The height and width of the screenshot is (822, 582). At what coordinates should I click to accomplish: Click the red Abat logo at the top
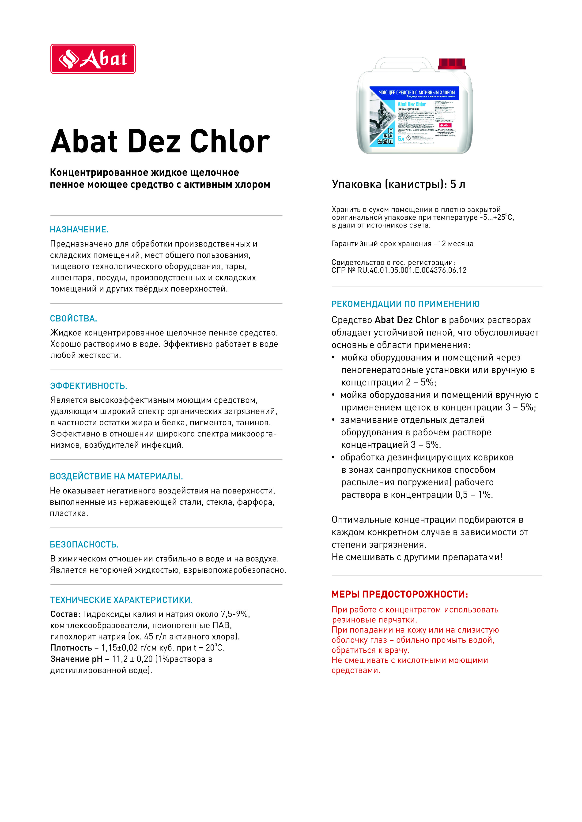[93, 59]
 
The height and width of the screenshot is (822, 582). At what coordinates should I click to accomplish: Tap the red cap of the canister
[452, 64]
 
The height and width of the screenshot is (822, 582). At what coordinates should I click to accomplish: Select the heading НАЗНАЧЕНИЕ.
[79, 229]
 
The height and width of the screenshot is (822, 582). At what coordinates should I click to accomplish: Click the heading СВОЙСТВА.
[73, 318]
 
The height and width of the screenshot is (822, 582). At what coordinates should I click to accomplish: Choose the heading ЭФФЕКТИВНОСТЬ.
[88, 386]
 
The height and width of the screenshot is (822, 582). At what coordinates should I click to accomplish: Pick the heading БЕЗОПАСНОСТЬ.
[84, 545]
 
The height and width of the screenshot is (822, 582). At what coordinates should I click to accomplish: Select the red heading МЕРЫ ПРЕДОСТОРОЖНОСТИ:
[400, 595]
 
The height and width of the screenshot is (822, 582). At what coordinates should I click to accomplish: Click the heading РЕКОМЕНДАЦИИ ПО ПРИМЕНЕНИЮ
[405, 304]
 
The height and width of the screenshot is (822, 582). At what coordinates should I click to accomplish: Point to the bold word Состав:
[65, 614]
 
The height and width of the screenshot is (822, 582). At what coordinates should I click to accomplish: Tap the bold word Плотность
[71, 648]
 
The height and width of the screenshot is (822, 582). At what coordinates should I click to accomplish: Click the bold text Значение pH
[76, 659]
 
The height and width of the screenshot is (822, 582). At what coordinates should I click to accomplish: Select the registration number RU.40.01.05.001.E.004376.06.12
[412, 270]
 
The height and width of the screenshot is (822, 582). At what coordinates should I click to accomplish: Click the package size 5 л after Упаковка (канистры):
[458, 184]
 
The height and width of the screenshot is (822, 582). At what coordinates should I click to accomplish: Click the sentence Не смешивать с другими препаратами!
[417, 557]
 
